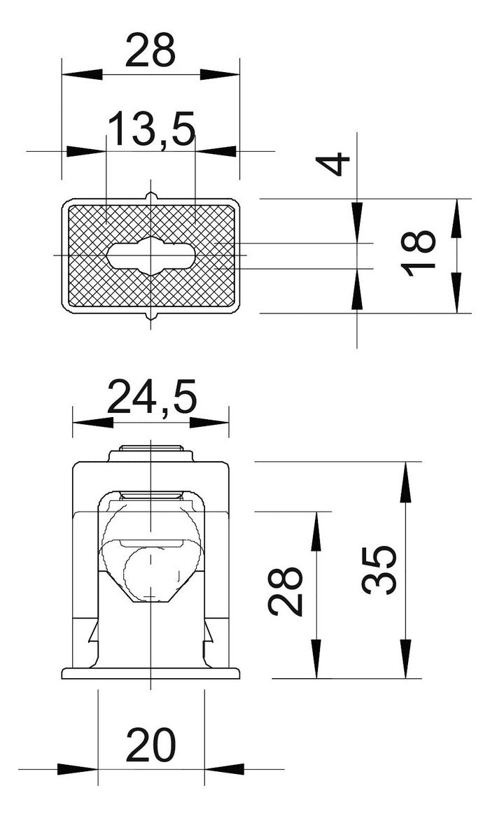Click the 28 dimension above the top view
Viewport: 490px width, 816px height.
(150, 50)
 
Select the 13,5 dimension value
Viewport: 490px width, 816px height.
(151, 129)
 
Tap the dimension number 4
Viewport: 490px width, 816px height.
(333, 164)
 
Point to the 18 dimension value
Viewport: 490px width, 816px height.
(418, 253)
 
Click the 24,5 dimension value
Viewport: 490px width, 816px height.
(152, 397)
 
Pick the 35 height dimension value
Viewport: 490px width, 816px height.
(379, 570)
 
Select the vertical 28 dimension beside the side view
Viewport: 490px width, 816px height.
(286, 591)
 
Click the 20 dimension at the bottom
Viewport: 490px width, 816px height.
(151, 745)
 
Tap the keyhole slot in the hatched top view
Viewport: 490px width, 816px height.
(151, 255)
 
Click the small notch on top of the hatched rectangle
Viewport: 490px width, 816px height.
(151, 196)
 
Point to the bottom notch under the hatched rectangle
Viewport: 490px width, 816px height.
(151, 316)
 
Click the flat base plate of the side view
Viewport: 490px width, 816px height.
(151, 673)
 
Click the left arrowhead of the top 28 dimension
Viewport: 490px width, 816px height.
(83, 74)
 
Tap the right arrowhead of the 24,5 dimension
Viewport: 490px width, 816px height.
(209, 423)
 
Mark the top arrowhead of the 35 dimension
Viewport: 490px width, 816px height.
(405, 482)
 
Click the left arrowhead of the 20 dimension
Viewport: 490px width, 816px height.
(78, 769)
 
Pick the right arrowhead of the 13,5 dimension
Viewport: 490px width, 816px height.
(216, 151)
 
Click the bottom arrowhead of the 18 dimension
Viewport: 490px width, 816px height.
(456, 293)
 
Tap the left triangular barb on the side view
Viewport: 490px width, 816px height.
(94, 633)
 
